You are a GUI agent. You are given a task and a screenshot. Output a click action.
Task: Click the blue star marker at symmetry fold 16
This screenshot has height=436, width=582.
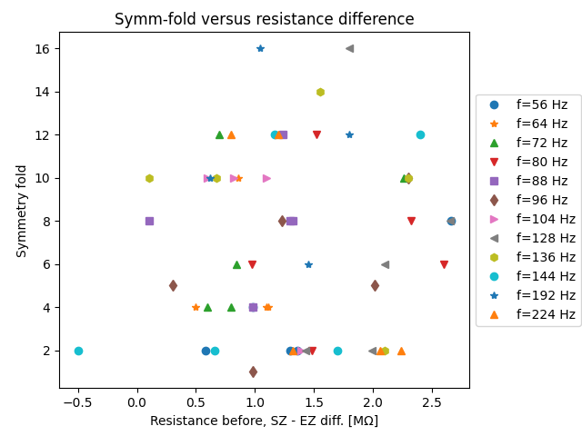coord(260,48)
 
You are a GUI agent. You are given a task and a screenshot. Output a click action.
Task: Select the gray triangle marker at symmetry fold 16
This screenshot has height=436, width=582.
coord(349,48)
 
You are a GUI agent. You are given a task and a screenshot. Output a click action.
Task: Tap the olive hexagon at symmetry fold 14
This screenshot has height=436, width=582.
coord(320,92)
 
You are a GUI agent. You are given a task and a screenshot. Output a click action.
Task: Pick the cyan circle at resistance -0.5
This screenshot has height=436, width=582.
coord(78,351)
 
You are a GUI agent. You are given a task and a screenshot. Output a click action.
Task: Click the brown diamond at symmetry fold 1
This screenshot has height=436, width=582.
coord(253,372)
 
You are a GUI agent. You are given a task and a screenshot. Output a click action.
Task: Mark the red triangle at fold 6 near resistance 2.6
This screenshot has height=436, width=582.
coord(444,264)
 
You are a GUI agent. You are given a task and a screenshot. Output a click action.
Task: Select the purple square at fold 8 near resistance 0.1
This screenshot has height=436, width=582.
coord(149,221)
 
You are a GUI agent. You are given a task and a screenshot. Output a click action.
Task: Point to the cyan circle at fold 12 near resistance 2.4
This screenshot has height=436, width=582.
coord(420,134)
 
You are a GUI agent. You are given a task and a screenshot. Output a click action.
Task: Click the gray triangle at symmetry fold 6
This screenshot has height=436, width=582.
coord(385,264)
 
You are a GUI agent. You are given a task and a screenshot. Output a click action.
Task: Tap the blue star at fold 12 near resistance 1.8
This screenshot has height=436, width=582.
coord(349,134)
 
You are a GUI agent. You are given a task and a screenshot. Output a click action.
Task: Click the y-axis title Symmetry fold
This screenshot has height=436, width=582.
coord(21,211)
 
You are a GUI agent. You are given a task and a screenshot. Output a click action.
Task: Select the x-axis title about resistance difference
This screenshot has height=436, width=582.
coord(264,421)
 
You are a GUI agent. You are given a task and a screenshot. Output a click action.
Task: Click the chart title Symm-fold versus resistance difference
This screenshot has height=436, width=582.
coord(264,19)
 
